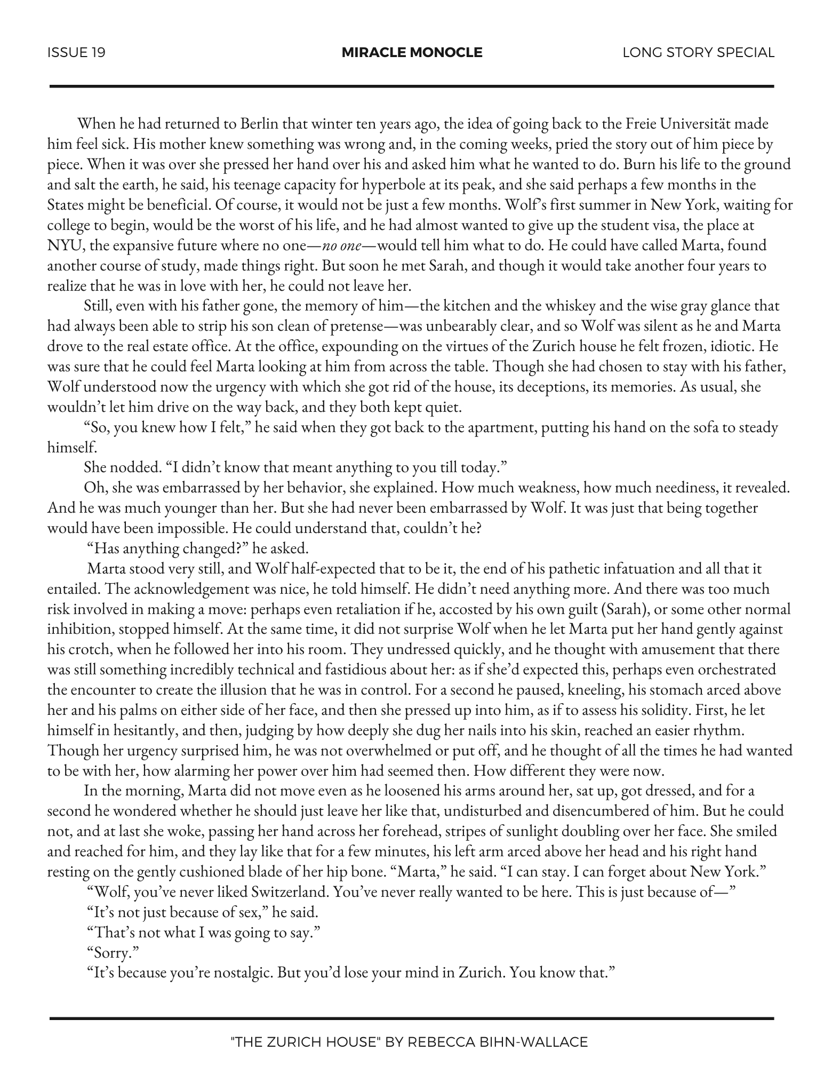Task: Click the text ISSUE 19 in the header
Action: point(76,53)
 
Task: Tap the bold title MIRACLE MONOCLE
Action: point(412,53)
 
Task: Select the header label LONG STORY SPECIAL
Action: point(698,53)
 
